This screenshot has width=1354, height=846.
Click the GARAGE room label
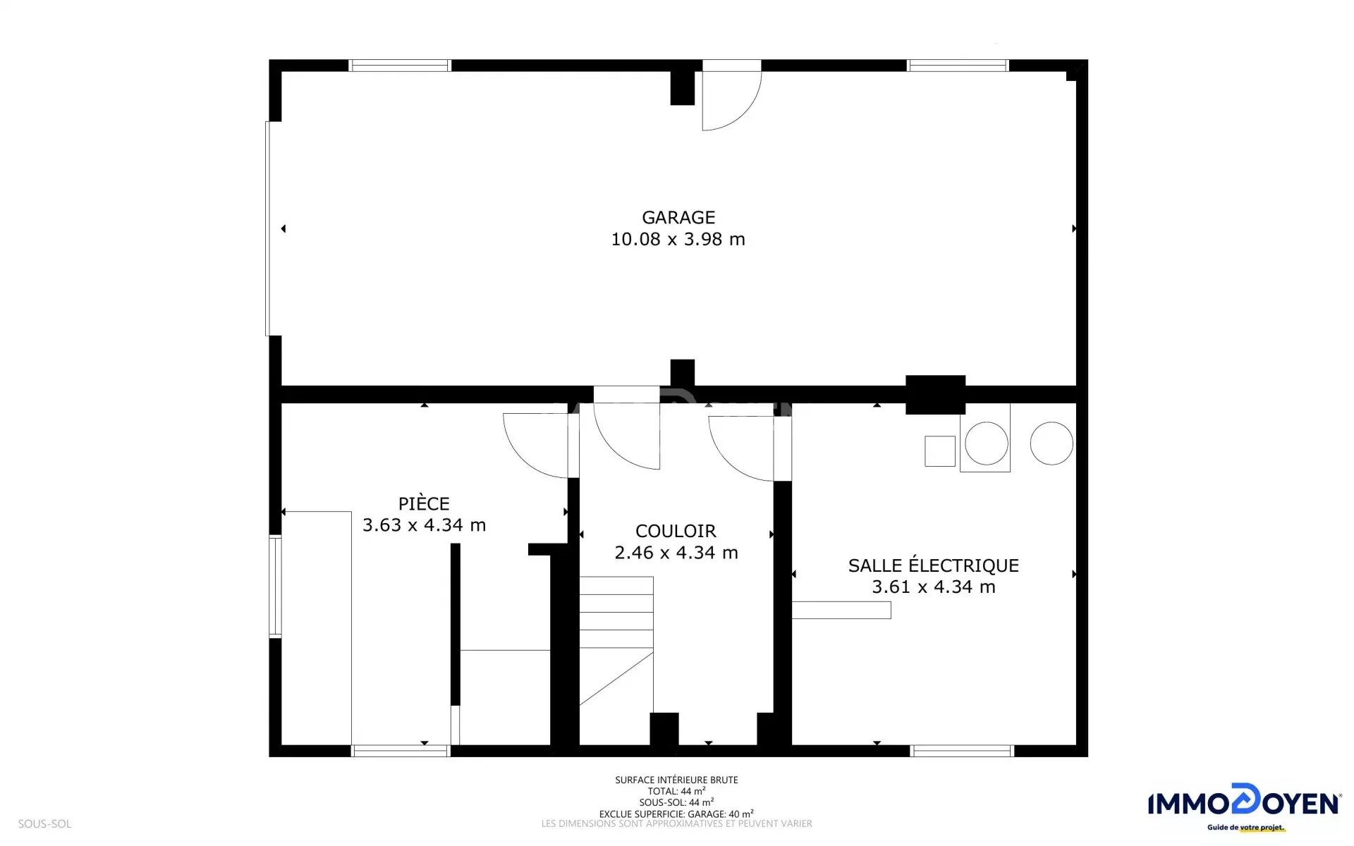678,217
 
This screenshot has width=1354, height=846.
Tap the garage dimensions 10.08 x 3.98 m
678,239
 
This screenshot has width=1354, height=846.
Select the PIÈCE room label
424,503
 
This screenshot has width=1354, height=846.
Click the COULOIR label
676,531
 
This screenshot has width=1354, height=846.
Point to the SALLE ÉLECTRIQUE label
933,565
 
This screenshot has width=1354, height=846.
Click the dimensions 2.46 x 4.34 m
676,553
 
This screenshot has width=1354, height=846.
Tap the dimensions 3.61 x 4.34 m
933,587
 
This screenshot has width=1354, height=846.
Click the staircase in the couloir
616,641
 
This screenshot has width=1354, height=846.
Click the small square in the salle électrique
940,451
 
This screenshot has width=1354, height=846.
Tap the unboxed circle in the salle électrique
1051,443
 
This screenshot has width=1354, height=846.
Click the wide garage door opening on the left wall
269,228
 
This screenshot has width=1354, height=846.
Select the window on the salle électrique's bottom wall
962,752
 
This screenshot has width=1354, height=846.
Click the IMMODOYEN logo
1245,807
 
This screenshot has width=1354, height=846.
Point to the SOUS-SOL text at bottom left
44,823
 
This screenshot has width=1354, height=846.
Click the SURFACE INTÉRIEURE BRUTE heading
676,780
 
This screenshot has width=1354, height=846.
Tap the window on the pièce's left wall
275,587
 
